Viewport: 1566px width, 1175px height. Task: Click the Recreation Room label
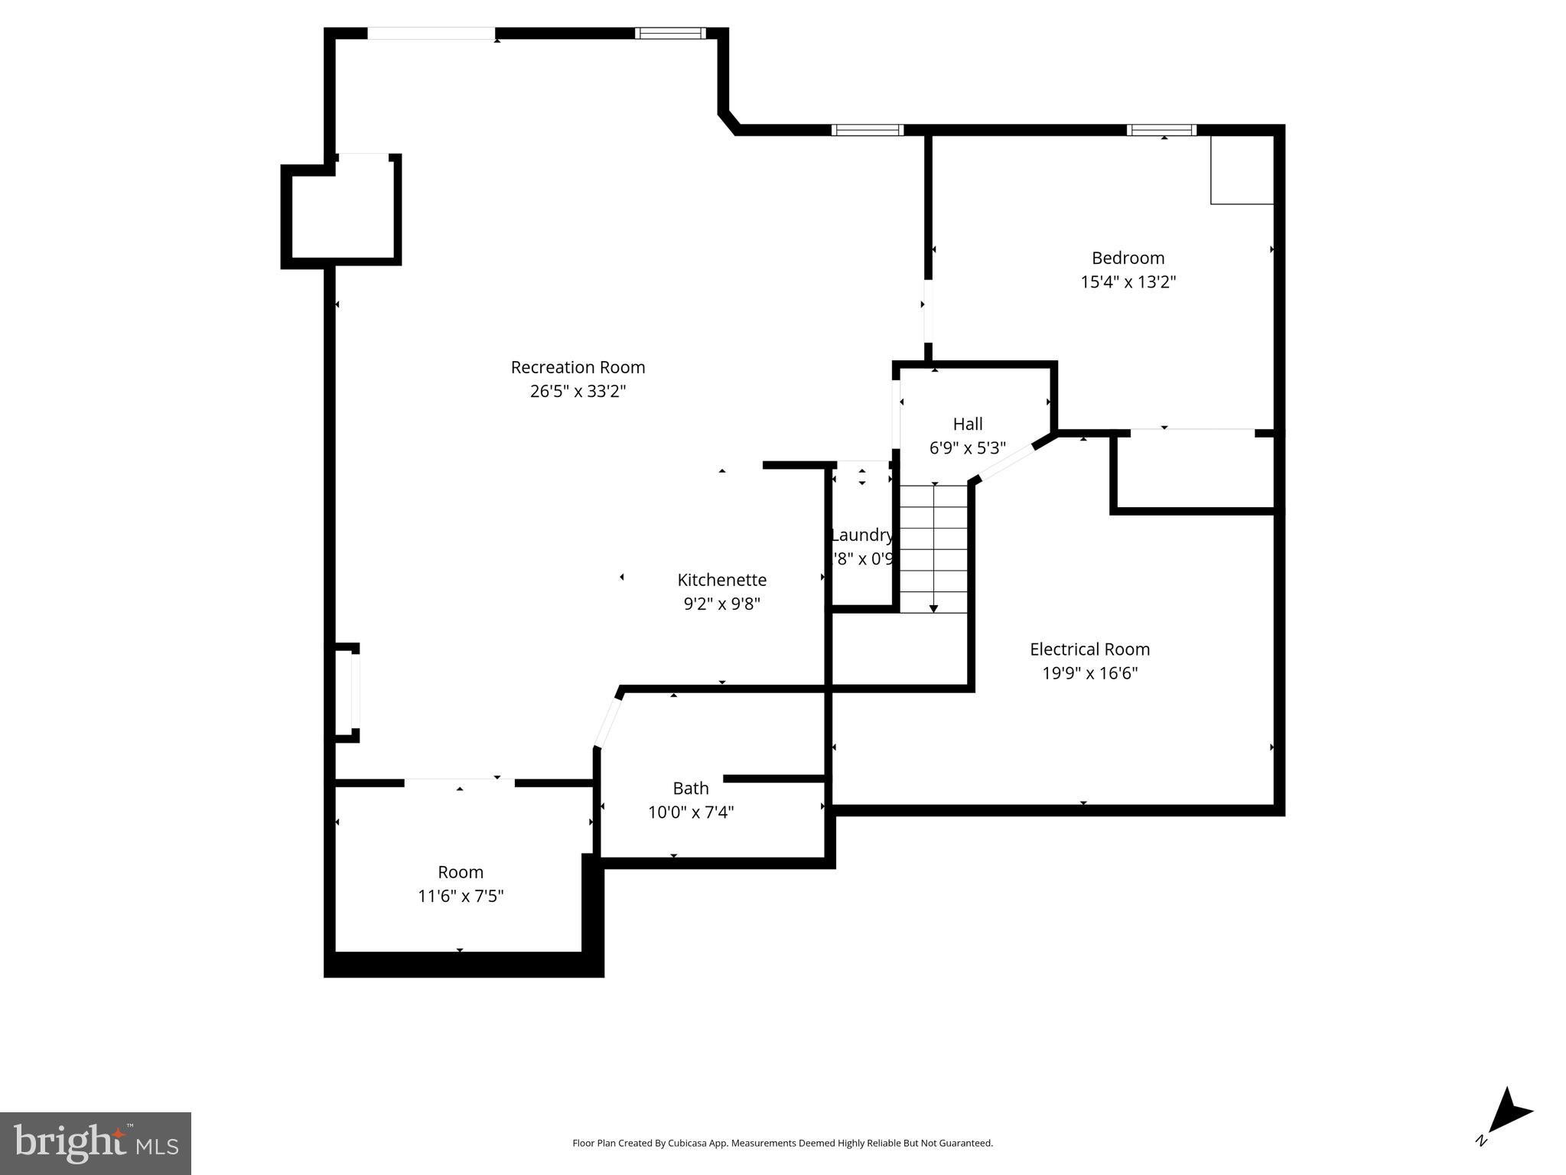click(578, 367)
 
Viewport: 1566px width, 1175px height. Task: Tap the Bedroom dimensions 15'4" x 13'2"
click(1128, 282)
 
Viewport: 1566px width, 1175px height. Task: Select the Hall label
click(967, 424)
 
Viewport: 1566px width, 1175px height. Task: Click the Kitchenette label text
click(721, 580)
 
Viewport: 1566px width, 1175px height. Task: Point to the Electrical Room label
click(1089, 649)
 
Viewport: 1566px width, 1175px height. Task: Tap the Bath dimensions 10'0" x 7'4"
click(690, 812)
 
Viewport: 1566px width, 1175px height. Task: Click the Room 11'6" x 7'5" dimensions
click(460, 896)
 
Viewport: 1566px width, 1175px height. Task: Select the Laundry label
click(861, 535)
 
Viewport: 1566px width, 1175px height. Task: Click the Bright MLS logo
click(96, 1143)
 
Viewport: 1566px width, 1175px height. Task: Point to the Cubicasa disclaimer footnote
click(783, 1143)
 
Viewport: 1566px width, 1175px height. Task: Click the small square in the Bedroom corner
click(1241, 171)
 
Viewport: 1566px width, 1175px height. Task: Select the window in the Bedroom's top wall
click(1161, 130)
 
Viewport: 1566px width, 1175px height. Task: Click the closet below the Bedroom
click(1194, 470)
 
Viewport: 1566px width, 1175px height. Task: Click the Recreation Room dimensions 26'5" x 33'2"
click(578, 392)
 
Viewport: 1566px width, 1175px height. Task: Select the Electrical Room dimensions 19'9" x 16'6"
click(1089, 673)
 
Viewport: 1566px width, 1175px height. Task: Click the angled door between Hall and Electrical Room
click(1007, 463)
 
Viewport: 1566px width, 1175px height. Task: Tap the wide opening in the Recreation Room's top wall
click(431, 34)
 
